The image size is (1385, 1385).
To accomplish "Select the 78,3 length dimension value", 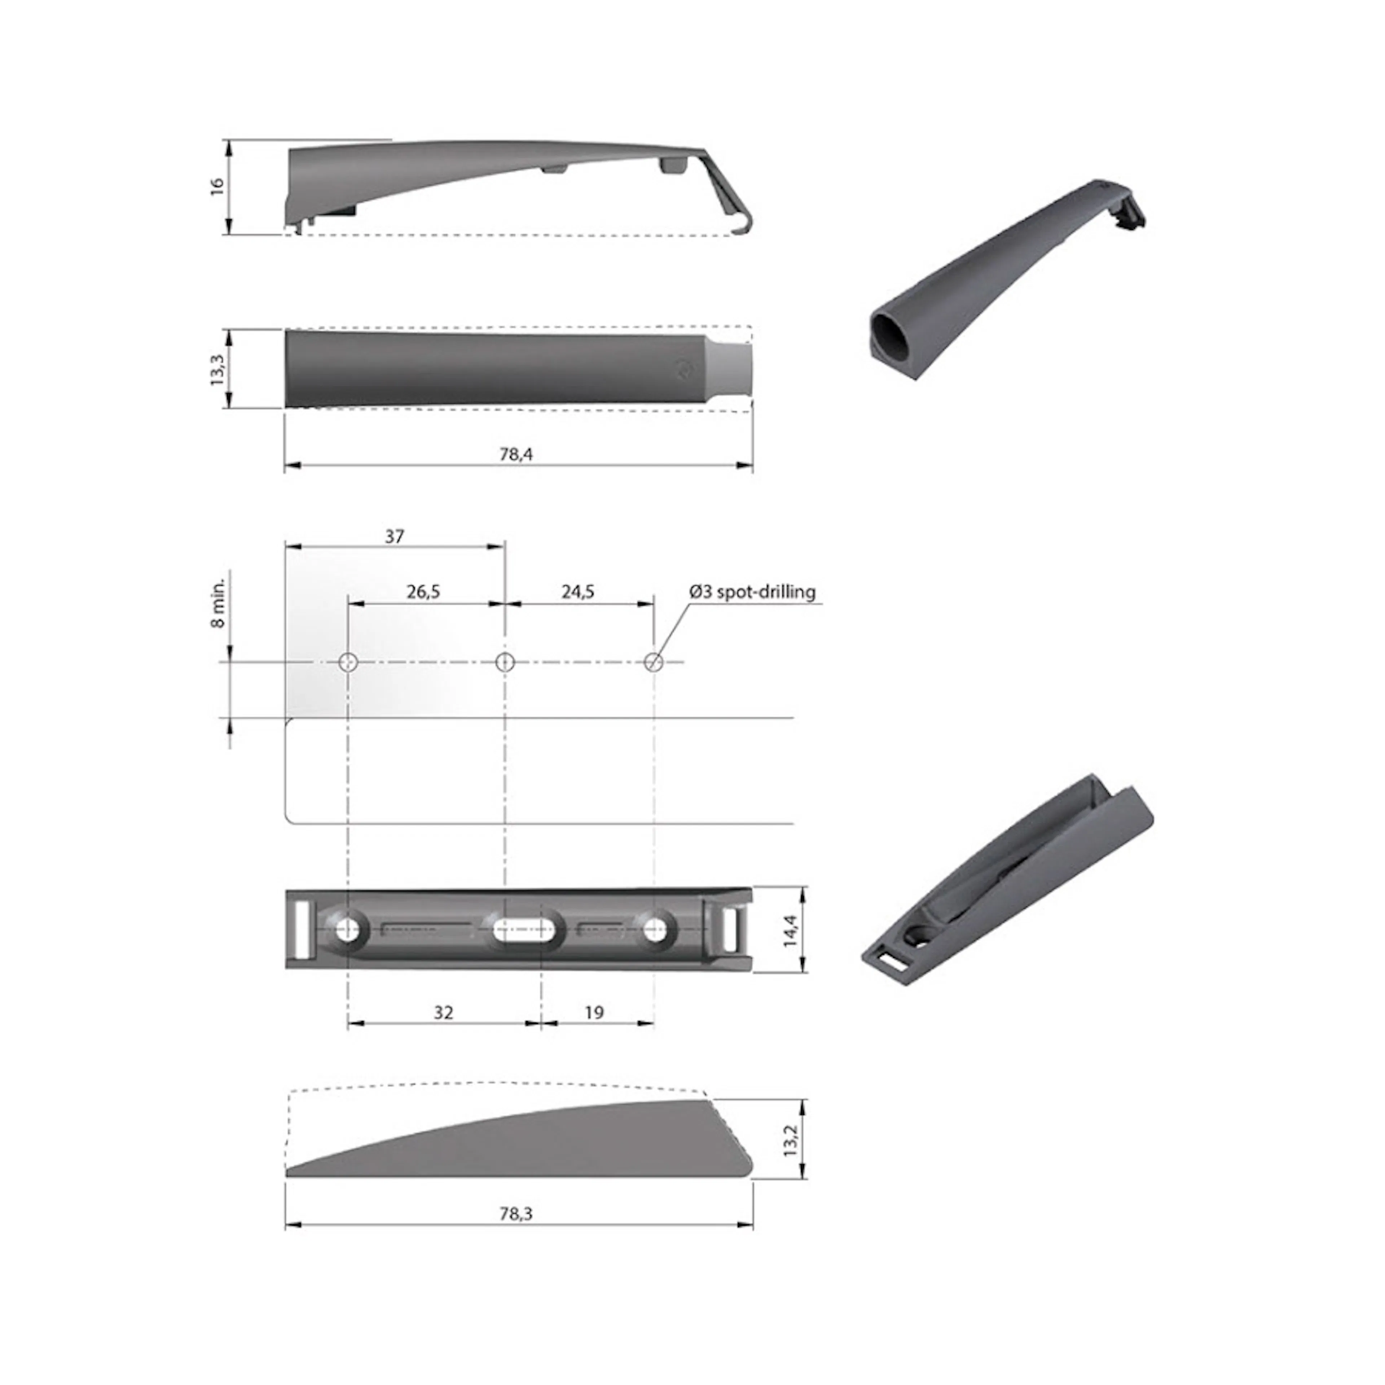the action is coord(516,1214).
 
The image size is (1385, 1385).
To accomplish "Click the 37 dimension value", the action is coord(394,536).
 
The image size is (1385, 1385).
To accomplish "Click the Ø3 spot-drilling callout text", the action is coord(753,592).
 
